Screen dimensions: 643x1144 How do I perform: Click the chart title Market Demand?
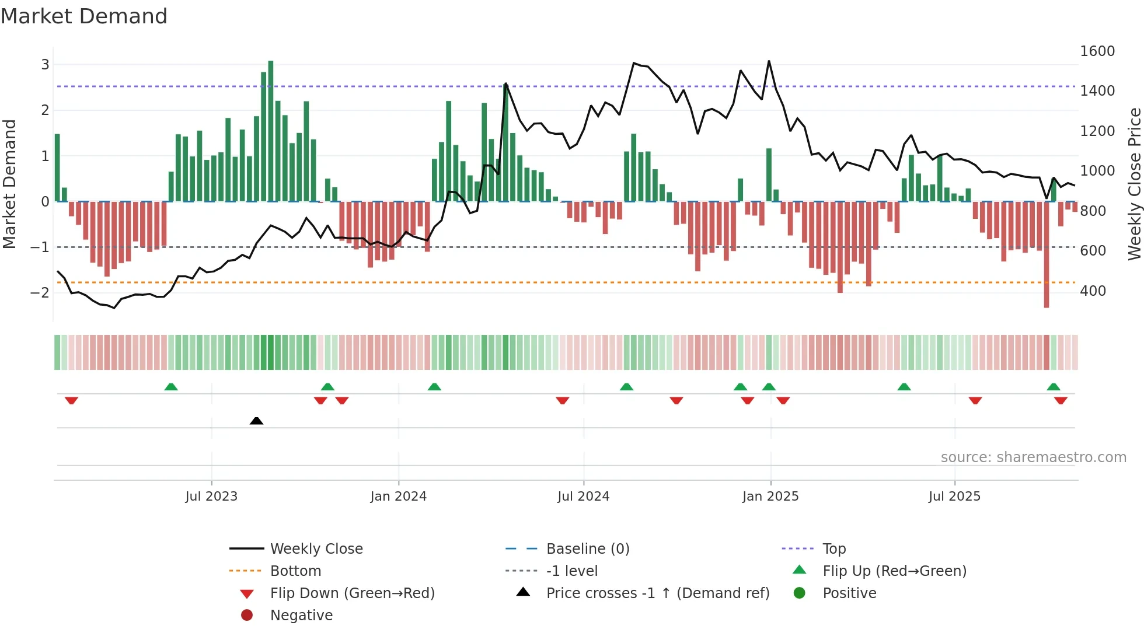pos(84,16)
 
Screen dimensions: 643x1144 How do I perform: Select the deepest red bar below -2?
pos(1047,254)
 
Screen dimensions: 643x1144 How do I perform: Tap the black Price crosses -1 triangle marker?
pos(256,421)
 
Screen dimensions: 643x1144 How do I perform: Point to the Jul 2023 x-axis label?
pos(211,496)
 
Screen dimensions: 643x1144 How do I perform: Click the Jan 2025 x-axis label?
pos(770,496)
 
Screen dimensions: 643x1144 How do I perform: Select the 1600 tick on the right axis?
pos(1097,51)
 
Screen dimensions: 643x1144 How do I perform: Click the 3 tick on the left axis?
pos(45,64)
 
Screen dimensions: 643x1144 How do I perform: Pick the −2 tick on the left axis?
pos(40,292)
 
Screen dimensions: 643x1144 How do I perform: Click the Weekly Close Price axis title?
pos(1134,184)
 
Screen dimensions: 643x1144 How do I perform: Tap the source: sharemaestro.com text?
pos(1033,457)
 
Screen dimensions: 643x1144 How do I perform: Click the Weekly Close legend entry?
pos(316,548)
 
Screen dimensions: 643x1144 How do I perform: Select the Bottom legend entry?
pos(295,571)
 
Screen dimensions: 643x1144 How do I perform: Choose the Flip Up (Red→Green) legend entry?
pos(894,571)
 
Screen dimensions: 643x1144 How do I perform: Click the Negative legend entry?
pos(301,615)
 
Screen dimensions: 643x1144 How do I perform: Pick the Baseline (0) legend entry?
pos(588,548)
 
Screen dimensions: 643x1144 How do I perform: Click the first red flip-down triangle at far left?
pos(71,400)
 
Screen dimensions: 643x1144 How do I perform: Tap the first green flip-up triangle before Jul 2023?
pos(171,387)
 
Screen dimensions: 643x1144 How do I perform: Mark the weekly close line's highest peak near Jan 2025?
pos(769,61)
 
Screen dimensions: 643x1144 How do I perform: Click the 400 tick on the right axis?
pos(1093,291)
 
